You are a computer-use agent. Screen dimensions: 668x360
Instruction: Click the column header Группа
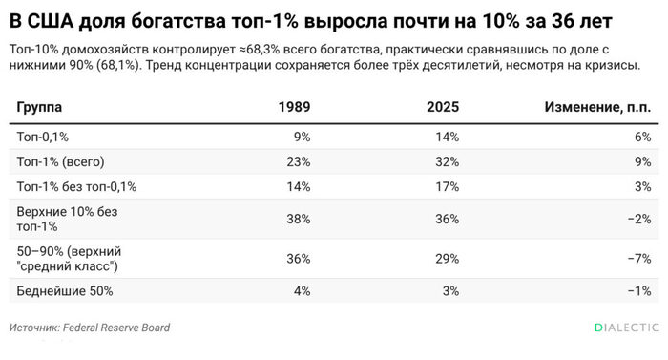coord(39,107)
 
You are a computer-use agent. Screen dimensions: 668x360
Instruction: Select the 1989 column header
coord(294,107)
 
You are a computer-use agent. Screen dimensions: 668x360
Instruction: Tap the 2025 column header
coord(443,107)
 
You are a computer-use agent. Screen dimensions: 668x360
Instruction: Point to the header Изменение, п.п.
coord(597,107)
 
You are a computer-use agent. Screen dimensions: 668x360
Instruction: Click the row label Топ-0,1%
coord(43,137)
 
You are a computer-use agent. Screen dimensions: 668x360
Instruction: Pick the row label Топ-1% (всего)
coord(60,162)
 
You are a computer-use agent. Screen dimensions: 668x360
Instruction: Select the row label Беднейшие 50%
coord(65,291)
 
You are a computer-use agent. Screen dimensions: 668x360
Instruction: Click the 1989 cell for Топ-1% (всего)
coord(298,162)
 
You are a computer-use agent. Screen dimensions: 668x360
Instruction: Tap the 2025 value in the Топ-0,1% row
coord(447,137)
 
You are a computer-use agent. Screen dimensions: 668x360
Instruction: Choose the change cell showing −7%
coord(639,259)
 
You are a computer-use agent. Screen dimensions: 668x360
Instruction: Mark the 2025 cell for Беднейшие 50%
coord(450,291)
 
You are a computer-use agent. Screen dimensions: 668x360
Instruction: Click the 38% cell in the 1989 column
coord(298,220)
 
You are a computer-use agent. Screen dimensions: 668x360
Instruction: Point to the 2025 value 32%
coord(447,162)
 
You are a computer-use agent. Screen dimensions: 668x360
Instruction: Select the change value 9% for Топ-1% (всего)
coord(643,162)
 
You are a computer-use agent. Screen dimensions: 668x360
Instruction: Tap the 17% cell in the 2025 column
coord(447,187)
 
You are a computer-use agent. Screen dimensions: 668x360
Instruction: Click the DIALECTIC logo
coord(627,328)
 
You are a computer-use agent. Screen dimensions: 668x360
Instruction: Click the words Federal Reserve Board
coord(116,328)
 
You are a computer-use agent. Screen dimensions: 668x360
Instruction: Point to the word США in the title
coord(51,21)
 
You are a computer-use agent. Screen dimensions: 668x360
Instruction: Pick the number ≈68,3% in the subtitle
coord(260,50)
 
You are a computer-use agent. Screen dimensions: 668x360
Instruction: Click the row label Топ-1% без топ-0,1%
coord(76,187)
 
